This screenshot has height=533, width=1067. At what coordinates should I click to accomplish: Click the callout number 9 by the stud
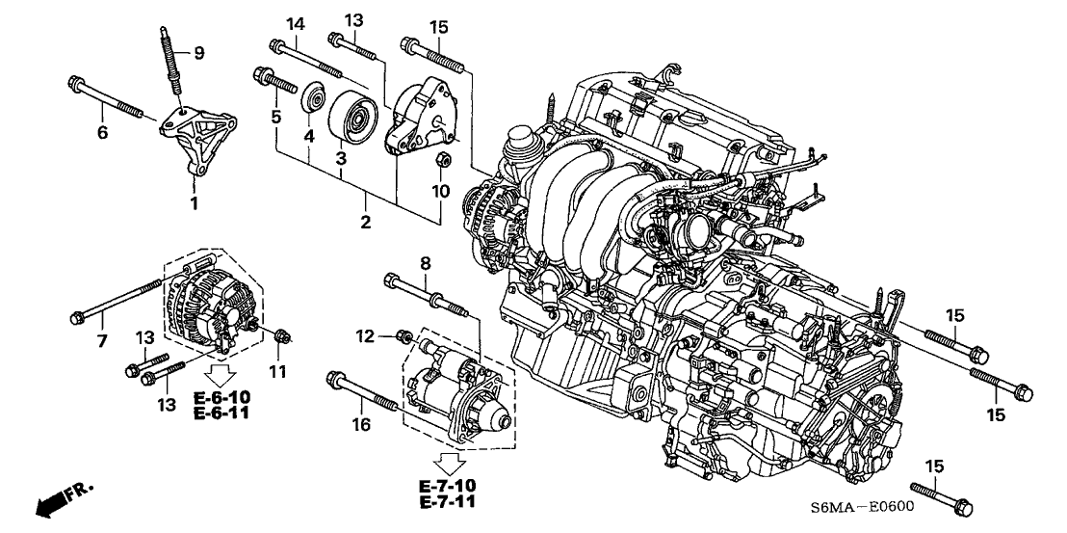pyautogui.click(x=199, y=53)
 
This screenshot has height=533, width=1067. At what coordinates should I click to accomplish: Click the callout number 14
pyautogui.click(x=294, y=23)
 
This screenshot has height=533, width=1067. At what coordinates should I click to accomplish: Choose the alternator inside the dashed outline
pyautogui.click(x=209, y=298)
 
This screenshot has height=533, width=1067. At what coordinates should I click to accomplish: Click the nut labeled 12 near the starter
pyautogui.click(x=406, y=336)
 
